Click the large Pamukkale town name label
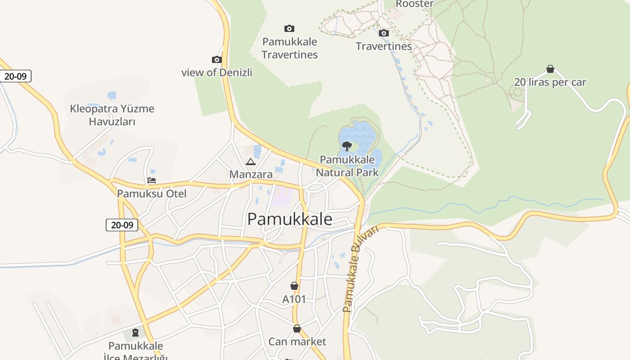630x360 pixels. click(x=290, y=219)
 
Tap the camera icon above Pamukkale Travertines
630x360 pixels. click(x=289, y=29)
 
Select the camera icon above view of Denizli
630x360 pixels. click(x=217, y=59)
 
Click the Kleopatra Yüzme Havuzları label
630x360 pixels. click(x=112, y=115)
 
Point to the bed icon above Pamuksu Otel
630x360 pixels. click(x=152, y=181)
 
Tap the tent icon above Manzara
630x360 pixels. click(x=251, y=162)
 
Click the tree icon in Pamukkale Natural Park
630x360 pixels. click(x=346, y=146)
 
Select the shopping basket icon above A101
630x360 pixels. click(x=294, y=286)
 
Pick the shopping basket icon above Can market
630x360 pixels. click(x=297, y=328)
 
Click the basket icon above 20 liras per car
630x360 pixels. click(x=550, y=69)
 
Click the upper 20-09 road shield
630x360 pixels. click(x=15, y=76)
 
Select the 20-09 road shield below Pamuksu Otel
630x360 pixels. click(x=122, y=225)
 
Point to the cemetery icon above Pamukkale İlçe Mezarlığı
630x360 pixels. click(x=135, y=333)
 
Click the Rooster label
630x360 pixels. click(x=414, y=4)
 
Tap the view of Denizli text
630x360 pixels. click(x=217, y=72)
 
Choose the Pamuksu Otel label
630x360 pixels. click(x=152, y=194)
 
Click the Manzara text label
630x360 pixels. click(x=251, y=175)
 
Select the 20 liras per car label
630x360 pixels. click(x=550, y=82)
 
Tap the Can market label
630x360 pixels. click(x=297, y=342)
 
